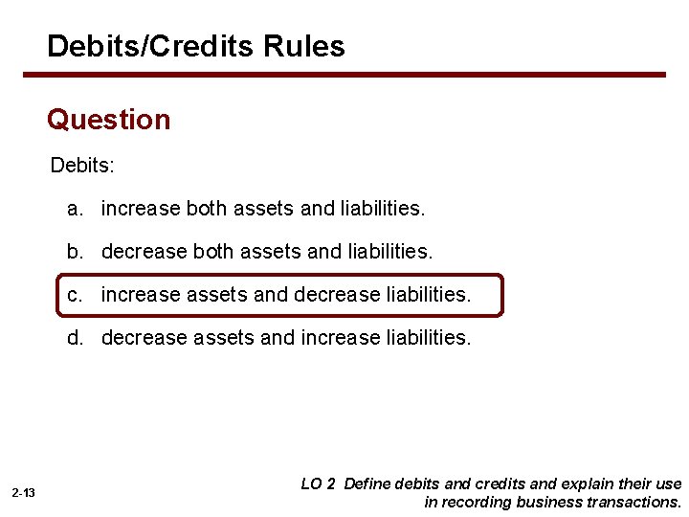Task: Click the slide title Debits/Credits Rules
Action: coord(195,46)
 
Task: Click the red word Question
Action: coord(108,121)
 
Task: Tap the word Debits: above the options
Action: coord(82,166)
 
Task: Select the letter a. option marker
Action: coord(75,208)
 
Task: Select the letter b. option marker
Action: coord(75,252)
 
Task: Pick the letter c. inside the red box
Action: coord(75,295)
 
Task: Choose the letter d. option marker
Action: coord(75,338)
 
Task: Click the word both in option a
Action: coord(208,208)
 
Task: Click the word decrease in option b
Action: coord(144,252)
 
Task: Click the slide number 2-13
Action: coord(24,492)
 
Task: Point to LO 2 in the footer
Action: coord(318,484)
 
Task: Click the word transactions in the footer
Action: coord(635,502)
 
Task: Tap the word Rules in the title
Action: coord(309,46)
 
